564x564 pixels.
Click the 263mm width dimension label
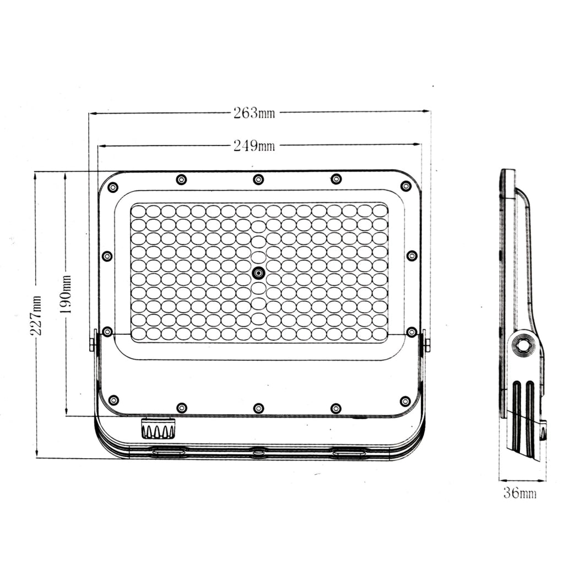[x=254, y=113]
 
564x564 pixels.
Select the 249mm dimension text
[x=254, y=145]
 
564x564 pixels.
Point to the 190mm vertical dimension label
[x=66, y=294]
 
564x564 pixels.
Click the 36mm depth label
[x=520, y=492]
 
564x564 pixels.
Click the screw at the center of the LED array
[x=258, y=273]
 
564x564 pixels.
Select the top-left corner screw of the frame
[x=113, y=187]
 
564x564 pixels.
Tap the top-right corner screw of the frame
[x=406, y=186]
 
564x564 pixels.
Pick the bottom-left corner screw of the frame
[x=113, y=400]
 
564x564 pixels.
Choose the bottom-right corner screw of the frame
[x=405, y=401]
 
